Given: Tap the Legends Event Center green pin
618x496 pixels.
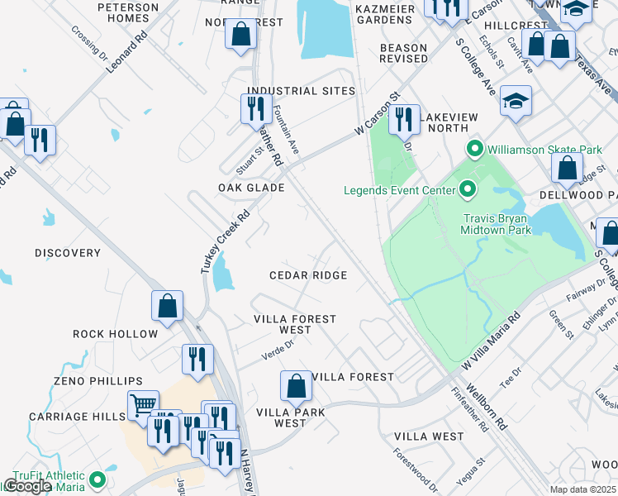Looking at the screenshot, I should [467, 191].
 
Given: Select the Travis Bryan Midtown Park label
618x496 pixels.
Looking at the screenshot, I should [496, 224].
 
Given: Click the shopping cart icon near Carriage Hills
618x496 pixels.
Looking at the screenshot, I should [143, 405].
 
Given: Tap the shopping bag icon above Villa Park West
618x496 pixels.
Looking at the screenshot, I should [296, 385].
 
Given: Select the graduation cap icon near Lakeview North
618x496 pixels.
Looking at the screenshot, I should [516, 100].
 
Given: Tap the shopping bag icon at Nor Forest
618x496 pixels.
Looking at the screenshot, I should [241, 36].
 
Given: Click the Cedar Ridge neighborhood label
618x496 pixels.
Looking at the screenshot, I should [308, 275].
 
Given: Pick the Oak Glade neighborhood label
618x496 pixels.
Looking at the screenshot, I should [251, 188].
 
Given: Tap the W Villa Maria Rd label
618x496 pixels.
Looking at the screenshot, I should [491, 341].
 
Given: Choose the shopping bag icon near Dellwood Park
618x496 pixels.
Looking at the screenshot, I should [568, 168].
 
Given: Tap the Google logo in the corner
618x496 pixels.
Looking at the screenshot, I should [27, 486].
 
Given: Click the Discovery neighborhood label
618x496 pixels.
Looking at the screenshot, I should [68, 253].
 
